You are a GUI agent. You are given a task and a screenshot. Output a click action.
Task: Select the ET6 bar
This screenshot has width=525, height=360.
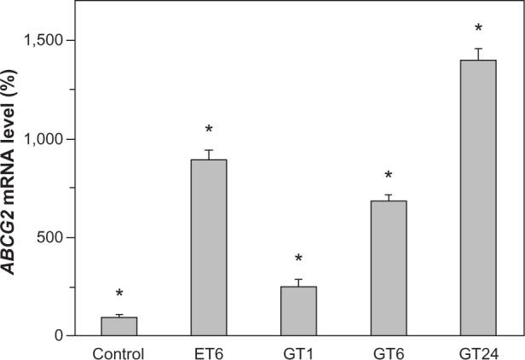208,247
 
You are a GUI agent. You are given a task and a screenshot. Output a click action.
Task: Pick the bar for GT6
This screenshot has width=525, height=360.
388,268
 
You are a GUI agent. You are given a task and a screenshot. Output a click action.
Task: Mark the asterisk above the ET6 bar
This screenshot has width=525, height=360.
208,131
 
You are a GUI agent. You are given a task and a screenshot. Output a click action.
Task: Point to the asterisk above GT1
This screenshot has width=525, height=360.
298,259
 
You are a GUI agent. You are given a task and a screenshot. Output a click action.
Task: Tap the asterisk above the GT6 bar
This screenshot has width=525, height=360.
388,176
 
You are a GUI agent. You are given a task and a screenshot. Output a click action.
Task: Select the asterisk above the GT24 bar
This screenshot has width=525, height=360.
477,29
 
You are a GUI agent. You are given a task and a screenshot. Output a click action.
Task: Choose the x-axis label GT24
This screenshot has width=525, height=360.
477,351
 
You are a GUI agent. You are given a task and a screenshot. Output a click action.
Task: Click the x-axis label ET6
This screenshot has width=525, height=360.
208,351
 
